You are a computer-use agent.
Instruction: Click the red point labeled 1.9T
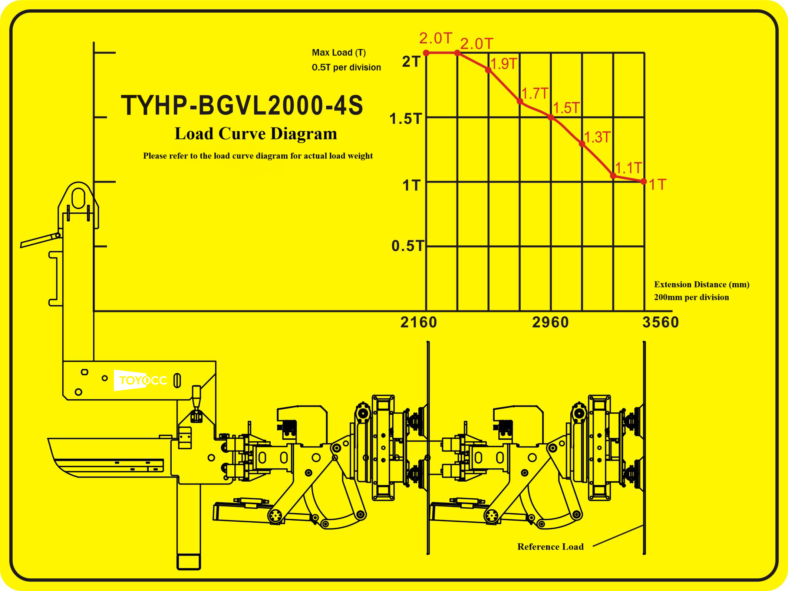point(488,70)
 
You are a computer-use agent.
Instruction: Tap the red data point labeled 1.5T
point(551,118)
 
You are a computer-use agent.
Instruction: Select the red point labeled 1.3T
point(582,144)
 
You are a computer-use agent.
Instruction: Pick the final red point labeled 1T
point(644,182)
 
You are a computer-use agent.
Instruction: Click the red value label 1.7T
point(535,94)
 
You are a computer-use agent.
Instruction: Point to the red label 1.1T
point(628,168)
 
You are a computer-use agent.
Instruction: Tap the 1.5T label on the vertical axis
point(406,119)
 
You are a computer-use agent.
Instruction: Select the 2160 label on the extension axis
point(419,323)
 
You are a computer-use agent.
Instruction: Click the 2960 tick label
point(550,323)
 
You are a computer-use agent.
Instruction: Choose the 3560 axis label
point(660,323)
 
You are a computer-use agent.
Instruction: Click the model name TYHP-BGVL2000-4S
point(242,106)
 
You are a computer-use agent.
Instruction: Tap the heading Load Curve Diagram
point(256,134)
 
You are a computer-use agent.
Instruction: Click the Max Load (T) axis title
point(339,53)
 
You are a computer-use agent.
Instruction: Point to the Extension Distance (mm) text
point(702,285)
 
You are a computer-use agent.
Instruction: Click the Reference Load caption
point(550,547)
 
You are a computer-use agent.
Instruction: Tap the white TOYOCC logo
point(143,380)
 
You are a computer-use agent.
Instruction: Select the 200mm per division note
point(691,297)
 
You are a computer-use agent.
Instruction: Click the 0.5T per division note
point(346,67)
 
